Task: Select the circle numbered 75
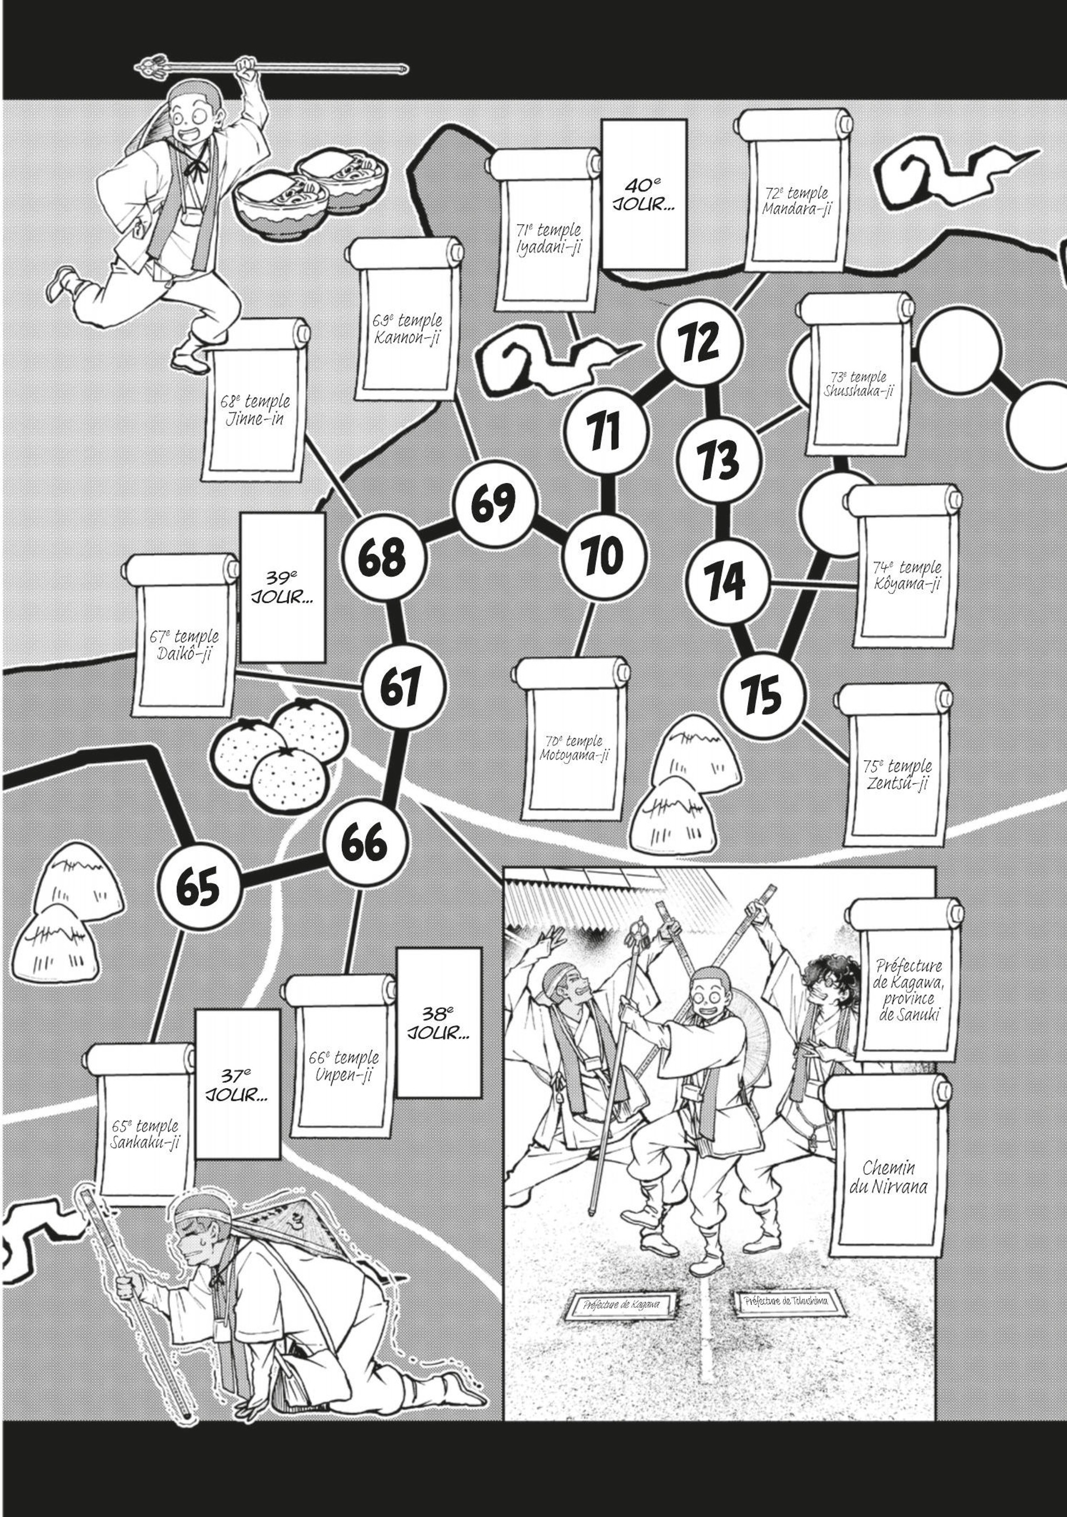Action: pos(763,696)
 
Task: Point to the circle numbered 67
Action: pos(402,687)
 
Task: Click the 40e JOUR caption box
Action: pos(644,194)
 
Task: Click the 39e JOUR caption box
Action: pos(282,587)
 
